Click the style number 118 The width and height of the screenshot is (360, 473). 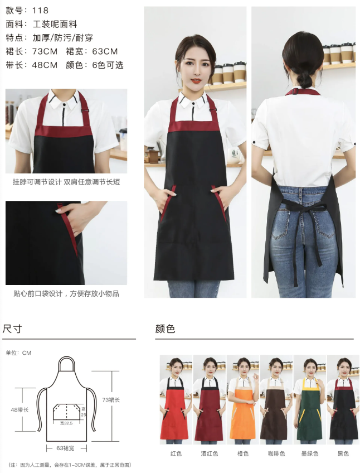(x=40, y=11)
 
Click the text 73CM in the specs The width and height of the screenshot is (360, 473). (x=45, y=51)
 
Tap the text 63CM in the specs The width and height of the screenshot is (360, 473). (x=105, y=51)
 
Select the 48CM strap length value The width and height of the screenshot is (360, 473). (x=45, y=65)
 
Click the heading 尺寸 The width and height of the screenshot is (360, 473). (x=12, y=329)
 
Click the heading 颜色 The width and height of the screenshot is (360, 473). (x=165, y=329)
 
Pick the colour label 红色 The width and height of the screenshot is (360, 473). (x=176, y=453)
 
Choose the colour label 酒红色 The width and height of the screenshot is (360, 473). (x=209, y=453)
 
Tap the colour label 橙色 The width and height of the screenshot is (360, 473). (x=243, y=453)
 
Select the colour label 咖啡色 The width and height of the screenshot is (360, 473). (x=276, y=453)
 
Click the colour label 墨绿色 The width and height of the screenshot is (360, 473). (x=310, y=453)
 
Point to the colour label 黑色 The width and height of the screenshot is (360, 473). (x=343, y=453)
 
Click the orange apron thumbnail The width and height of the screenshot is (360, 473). (x=243, y=399)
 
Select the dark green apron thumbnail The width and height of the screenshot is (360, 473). (x=310, y=399)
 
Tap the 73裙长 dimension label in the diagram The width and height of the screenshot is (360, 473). (x=111, y=400)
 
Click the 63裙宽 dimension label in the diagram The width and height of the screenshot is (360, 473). (x=65, y=448)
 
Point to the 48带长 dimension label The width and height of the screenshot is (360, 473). (x=20, y=410)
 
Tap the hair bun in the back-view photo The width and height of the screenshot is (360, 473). (x=304, y=80)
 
